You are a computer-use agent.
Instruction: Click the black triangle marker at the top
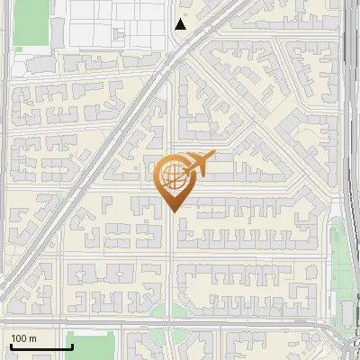tap(181, 24)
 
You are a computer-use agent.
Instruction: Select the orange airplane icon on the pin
tap(197, 163)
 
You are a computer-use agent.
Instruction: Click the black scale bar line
tap(41, 346)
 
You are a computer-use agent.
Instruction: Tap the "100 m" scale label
tap(24, 338)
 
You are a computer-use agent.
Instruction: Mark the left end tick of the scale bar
tap(11, 345)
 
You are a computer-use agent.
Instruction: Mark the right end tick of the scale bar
tap(72, 345)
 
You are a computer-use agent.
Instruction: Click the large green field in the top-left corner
tap(30, 22)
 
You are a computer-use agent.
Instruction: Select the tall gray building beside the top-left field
tap(57, 32)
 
